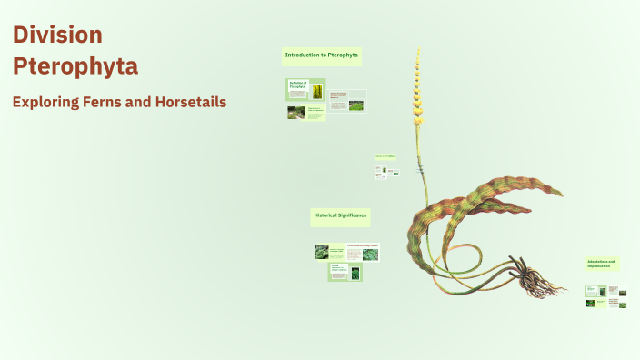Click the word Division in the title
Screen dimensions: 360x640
click(57, 35)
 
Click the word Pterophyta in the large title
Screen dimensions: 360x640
click(75, 66)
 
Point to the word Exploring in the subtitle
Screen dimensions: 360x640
click(46, 102)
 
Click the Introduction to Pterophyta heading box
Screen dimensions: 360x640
click(322, 56)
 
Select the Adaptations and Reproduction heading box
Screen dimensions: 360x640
click(602, 264)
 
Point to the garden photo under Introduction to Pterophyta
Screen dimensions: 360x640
click(296, 113)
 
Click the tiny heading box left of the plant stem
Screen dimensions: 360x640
click(385, 156)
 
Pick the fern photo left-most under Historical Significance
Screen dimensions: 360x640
click(322, 252)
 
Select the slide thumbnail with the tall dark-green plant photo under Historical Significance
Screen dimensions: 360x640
click(345, 272)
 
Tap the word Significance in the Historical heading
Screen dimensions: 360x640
click(352, 215)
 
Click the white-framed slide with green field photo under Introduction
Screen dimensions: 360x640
click(347, 101)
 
